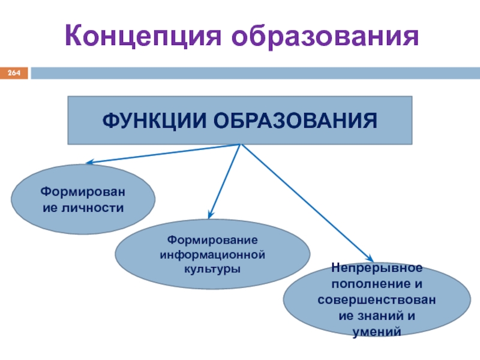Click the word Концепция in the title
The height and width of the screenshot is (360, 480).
(143, 37)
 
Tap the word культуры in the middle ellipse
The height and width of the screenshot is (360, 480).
(212, 269)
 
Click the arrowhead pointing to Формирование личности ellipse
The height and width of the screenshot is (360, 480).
(88, 162)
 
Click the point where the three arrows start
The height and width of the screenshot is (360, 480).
(240, 145)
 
